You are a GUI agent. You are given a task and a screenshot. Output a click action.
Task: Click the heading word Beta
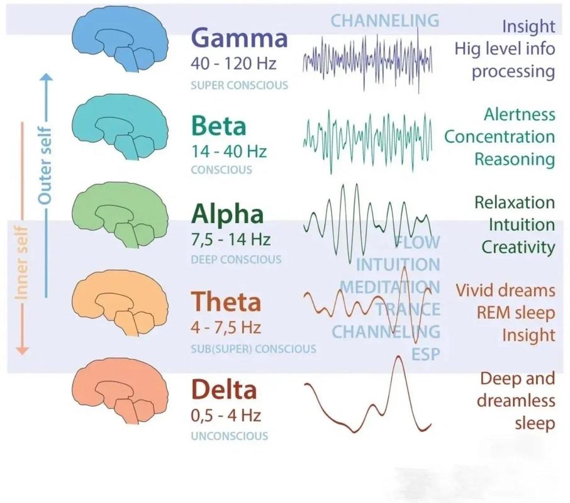tap(218, 125)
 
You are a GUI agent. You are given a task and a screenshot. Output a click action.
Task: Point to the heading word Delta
tap(224, 389)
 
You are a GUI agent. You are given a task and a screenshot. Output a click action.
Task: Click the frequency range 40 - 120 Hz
tap(233, 64)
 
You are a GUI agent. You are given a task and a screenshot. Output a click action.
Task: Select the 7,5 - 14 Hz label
tap(230, 240)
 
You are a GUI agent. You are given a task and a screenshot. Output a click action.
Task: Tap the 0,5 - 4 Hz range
tap(226, 416)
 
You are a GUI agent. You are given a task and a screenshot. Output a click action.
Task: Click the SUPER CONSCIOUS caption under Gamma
tap(239, 86)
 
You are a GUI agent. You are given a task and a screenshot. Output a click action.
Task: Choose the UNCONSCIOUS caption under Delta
tap(230, 436)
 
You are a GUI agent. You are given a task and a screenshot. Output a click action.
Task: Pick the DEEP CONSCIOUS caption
tap(236, 259)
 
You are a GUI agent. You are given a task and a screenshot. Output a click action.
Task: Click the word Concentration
tap(500, 137)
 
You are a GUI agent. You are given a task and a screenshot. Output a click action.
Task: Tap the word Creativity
tap(518, 247)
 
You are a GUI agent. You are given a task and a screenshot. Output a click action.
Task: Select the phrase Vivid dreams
tap(506, 290)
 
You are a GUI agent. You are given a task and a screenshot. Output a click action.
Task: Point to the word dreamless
tap(516, 401)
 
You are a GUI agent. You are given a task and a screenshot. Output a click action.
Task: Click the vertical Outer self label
tap(45, 165)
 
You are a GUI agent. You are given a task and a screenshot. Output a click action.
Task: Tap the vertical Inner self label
tap(21, 263)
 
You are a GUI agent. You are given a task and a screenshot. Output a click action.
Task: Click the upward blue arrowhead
tap(46, 77)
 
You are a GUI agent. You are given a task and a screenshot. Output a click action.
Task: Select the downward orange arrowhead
tap(22, 350)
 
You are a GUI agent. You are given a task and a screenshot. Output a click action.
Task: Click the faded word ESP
tap(426, 354)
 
